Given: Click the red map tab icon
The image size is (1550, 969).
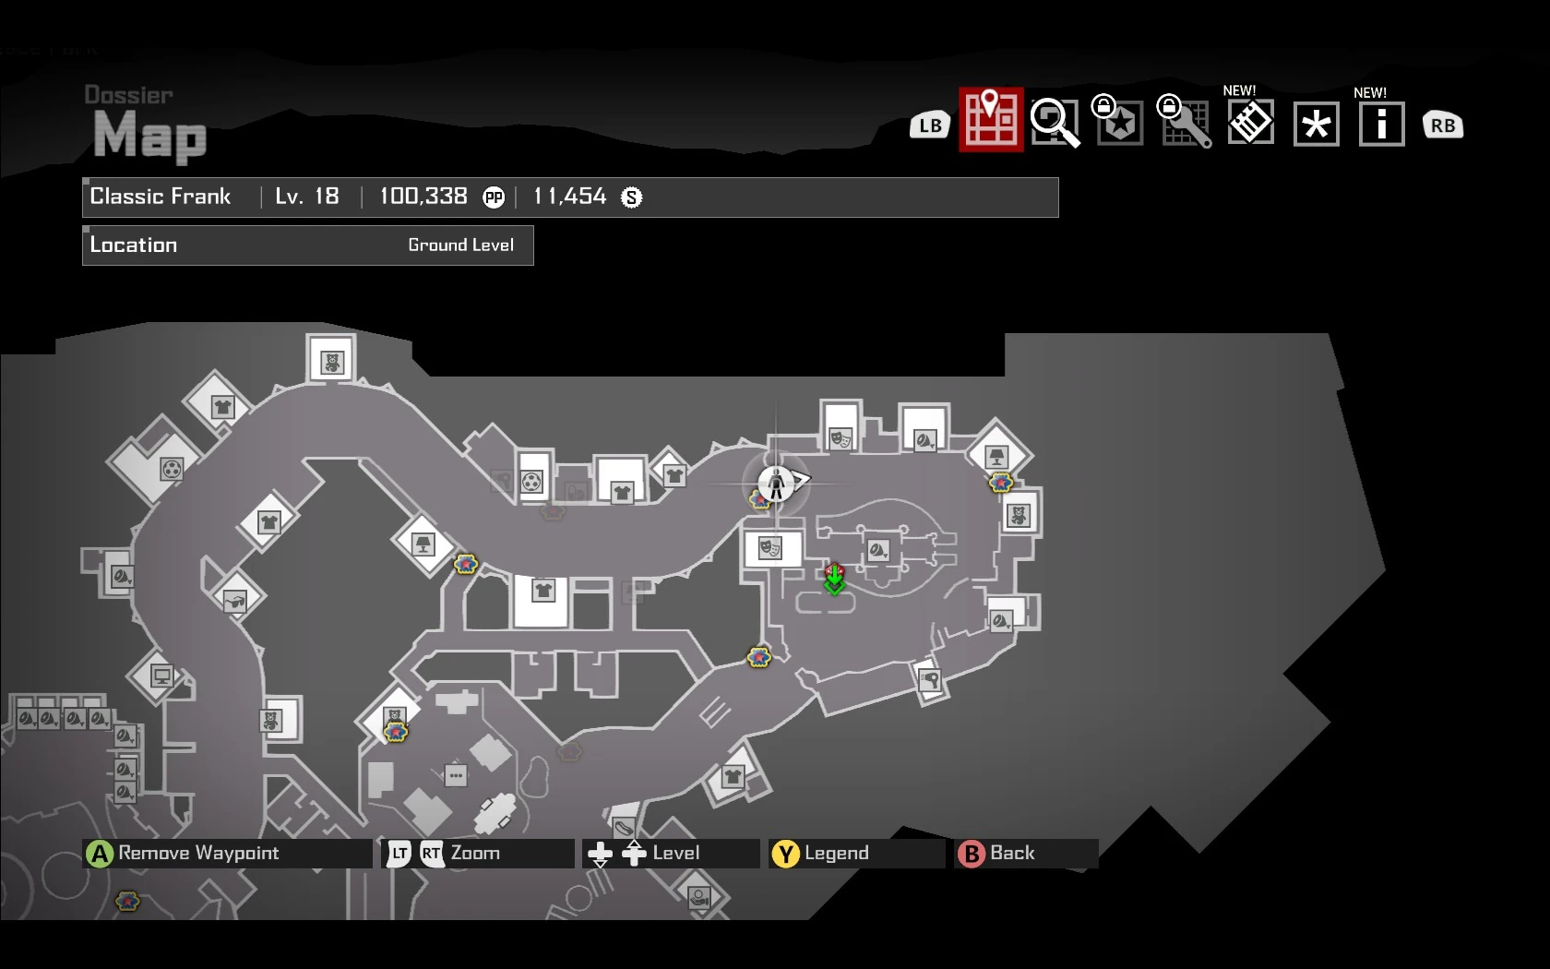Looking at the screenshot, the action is coord(991,120).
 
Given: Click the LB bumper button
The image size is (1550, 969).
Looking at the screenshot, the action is coord(930,126).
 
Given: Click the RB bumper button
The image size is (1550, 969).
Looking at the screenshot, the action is coord(1443,126).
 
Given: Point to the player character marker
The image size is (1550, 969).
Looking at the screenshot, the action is coord(776,483).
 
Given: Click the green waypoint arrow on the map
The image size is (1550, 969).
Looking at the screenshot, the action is coord(834,580).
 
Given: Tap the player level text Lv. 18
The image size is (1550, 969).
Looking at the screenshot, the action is coord(307,197).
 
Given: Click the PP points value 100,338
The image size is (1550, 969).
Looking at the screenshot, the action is coord(423,197).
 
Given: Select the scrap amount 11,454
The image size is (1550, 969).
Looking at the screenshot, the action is coord(570,197).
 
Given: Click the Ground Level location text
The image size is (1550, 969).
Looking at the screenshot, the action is coord(460,245).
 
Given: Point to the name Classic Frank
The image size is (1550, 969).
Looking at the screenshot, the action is coord(161,197).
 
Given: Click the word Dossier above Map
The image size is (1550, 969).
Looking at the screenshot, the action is coord(128,95).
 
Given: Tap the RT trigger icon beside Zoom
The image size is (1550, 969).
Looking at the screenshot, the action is coord(431,854).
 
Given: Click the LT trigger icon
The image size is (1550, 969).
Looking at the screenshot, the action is coord(399,854).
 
